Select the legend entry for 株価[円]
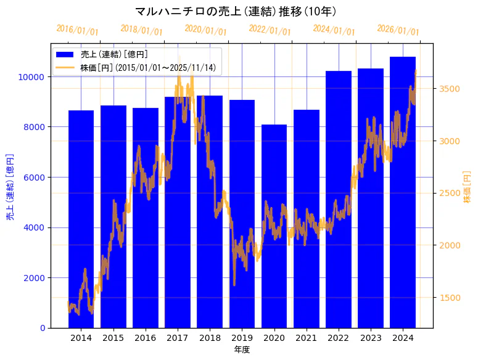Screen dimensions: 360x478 148,67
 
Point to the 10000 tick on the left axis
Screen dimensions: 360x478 30,77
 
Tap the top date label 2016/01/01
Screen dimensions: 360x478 77,30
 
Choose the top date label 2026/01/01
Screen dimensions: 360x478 398,30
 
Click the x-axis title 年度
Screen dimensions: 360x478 242,350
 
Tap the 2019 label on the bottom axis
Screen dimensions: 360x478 242,338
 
